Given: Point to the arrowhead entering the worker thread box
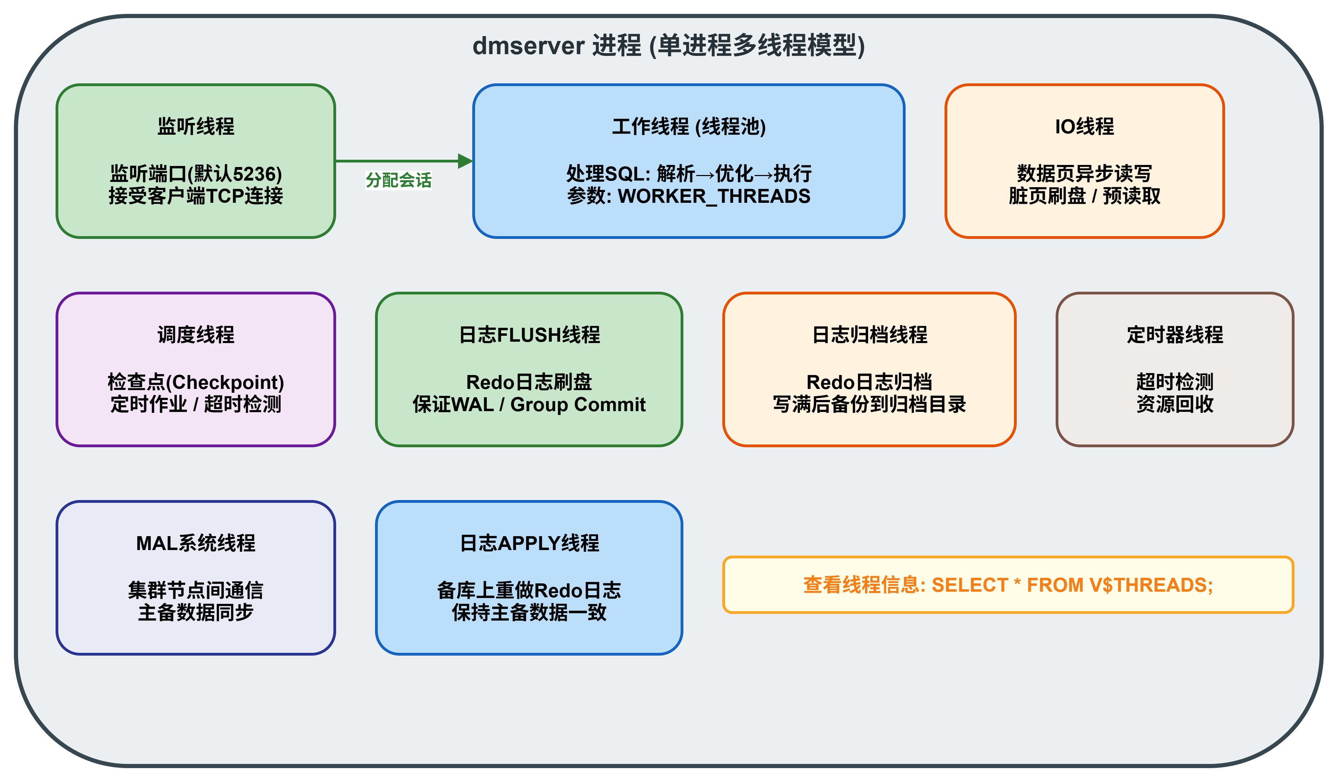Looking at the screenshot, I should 465,161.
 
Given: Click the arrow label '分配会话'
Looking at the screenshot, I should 399,181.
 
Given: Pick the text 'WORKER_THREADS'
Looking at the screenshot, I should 714,197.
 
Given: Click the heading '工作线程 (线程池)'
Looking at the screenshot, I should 689,126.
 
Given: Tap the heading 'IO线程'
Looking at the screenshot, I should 1084,126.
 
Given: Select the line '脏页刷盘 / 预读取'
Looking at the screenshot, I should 1084,197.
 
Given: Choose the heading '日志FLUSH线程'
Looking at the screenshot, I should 529,335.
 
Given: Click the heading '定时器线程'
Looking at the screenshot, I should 1175,335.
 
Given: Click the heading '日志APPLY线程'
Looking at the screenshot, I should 529,543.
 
